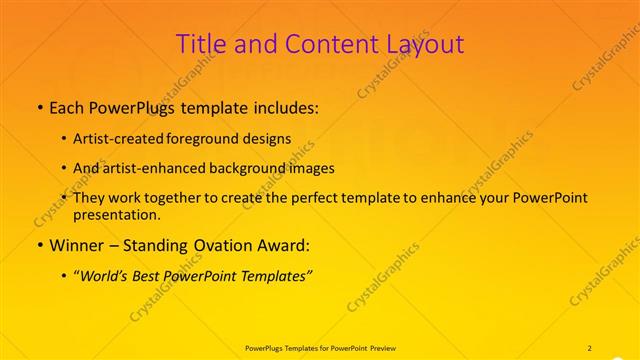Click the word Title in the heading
200,45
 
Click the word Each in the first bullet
68,107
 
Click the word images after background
311,168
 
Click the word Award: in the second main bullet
285,245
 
